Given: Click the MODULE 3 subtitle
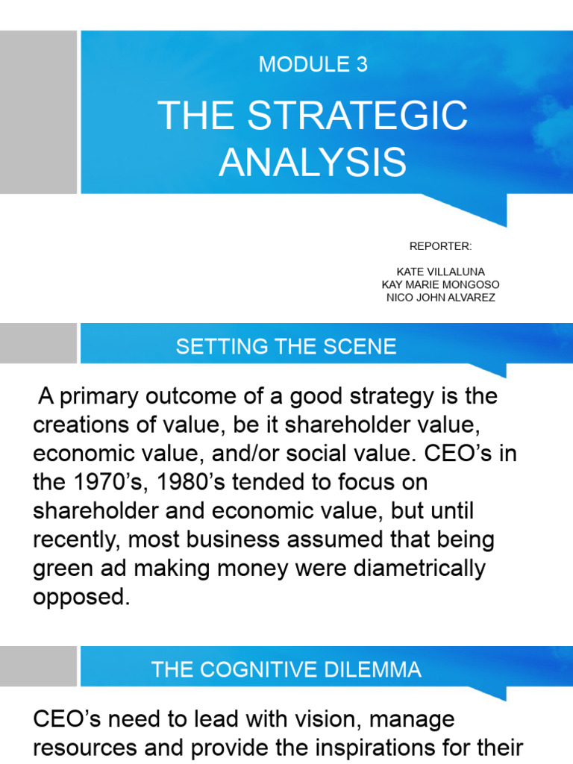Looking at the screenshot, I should tap(313, 65).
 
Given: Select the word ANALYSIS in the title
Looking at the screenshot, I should tap(313, 162).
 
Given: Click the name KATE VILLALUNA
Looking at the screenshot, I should tap(440, 272).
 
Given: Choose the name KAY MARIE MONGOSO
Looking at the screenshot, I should tap(440, 285).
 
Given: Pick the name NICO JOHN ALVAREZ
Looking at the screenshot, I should tap(440, 298).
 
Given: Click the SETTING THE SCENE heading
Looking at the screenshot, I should tap(286, 346).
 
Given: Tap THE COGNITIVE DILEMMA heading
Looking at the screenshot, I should tap(286, 669).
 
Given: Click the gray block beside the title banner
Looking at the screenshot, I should tap(38, 112).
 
